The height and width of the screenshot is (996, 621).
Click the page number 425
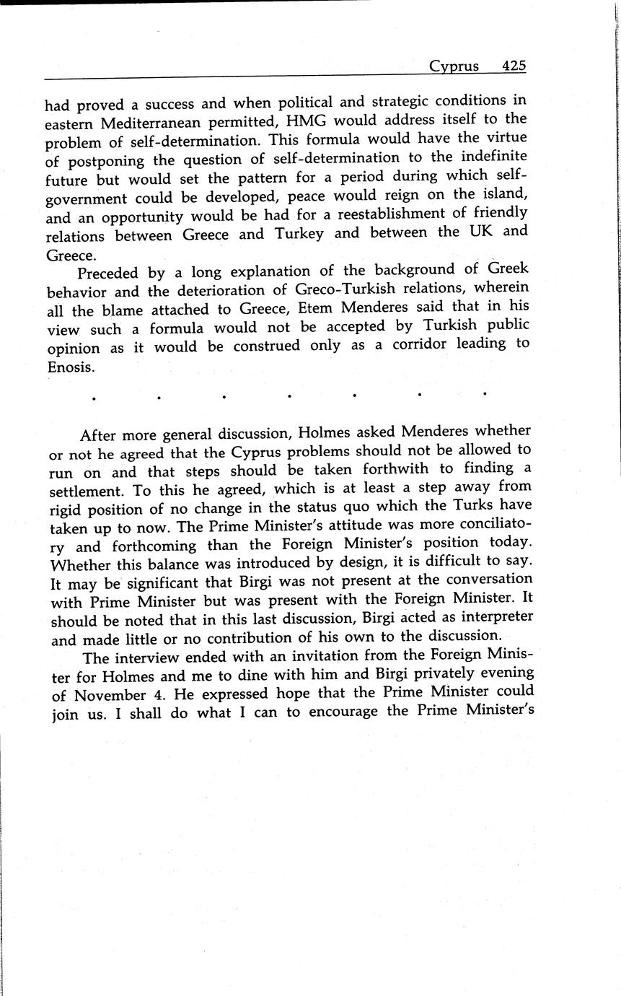point(514,66)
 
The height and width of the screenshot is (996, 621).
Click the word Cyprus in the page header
point(454,66)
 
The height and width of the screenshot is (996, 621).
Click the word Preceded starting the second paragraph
point(111,273)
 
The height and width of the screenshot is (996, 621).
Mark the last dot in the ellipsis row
point(485,394)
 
